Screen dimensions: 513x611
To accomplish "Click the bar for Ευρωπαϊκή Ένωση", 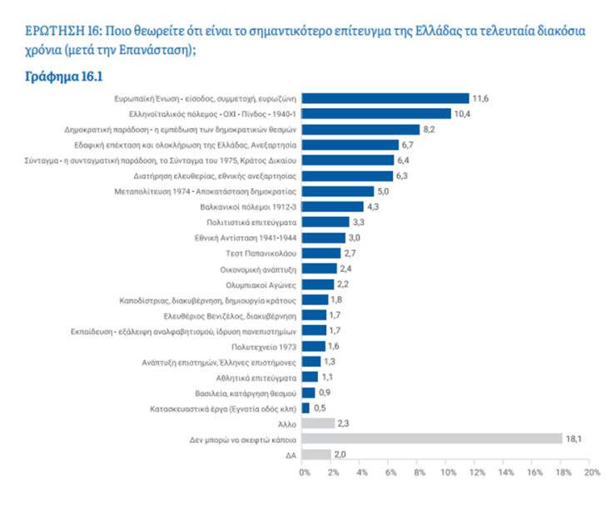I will point(386,98).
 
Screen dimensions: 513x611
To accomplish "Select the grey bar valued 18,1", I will point(434,438).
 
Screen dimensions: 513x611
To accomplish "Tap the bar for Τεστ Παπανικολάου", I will point(323,253).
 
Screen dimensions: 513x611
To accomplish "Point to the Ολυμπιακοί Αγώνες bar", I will point(320,284).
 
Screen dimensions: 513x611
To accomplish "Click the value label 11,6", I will point(480,98).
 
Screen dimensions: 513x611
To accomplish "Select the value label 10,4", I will point(462,114).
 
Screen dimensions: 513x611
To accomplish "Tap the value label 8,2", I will point(430,130).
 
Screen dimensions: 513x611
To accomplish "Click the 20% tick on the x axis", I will point(592,473).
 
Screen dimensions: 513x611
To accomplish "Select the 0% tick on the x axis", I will point(305,473).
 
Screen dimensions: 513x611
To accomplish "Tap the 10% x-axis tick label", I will point(448,473).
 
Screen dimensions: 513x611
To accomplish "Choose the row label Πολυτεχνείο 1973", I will point(263,346).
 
